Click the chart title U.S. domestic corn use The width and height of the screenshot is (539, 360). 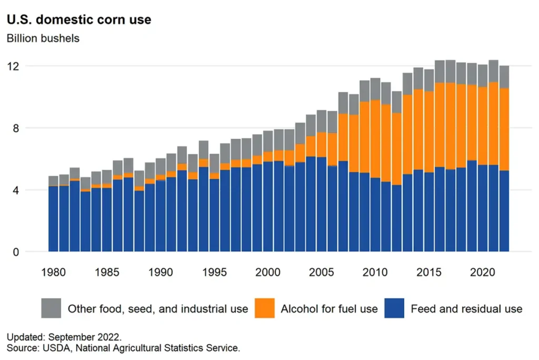pos(79,19)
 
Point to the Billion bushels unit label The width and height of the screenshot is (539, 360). pos(43,38)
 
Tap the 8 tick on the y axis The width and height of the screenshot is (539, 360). pos(16,128)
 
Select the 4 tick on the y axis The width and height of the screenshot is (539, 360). pos(16,190)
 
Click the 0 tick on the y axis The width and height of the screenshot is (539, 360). pos(16,252)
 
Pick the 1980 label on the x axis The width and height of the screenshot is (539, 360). pos(54,272)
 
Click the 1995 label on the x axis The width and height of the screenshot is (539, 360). pos(214,272)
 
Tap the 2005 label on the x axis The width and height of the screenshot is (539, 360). pos(322,272)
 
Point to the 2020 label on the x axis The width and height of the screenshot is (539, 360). pos(482,272)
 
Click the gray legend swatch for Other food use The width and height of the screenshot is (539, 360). pos(51,308)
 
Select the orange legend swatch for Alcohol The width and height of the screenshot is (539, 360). pos(265,308)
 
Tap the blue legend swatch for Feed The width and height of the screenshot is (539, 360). pos(395,308)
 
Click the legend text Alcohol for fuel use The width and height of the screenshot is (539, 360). pos(329,309)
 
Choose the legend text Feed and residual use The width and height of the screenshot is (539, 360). pos(466,309)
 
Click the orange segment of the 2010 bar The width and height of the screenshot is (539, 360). pos(375,139)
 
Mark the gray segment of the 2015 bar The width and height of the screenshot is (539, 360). pos(429,80)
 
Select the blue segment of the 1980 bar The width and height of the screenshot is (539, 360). pos(54,219)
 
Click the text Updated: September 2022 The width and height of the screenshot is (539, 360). pos(64,337)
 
